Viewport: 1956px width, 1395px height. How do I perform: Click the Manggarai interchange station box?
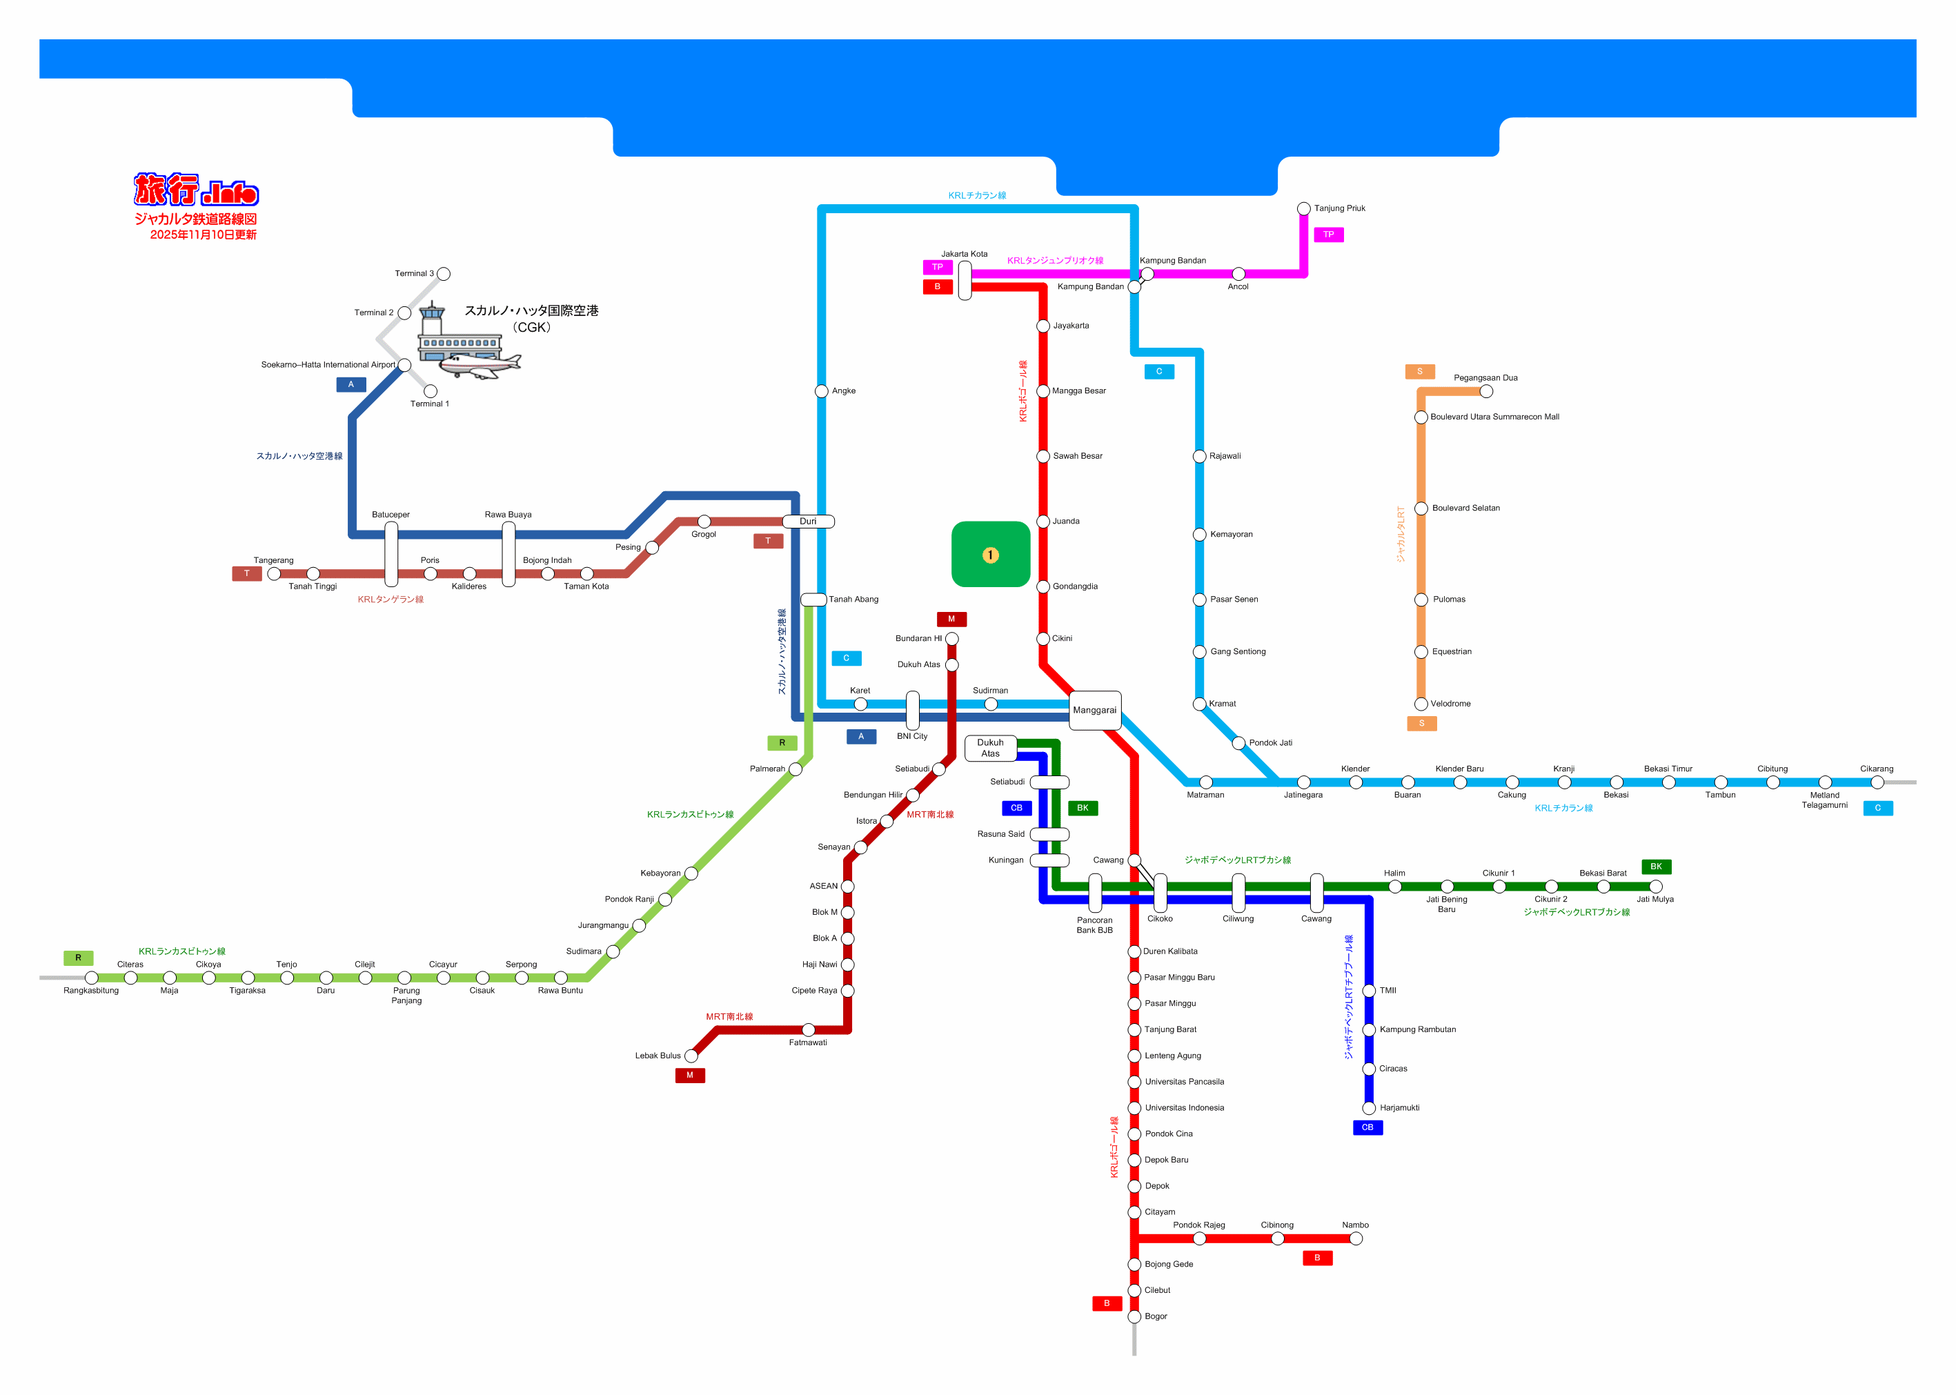click(x=1094, y=709)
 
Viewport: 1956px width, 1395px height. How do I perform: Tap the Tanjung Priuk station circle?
click(x=1303, y=209)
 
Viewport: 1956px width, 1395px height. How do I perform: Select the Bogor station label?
click(x=1156, y=1316)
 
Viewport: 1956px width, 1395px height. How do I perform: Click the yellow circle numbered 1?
click(x=989, y=555)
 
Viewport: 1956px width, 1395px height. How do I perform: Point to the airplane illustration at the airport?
click(x=480, y=365)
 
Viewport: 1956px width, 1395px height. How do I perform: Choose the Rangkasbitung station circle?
click(x=91, y=978)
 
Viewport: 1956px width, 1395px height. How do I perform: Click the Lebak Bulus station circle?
click(x=691, y=1056)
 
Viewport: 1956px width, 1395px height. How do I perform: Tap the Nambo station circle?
click(x=1356, y=1238)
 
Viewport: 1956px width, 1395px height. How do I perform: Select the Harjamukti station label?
click(x=1399, y=1107)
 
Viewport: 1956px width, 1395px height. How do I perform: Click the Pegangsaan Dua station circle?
click(x=1486, y=392)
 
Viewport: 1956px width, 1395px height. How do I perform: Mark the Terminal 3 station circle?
click(x=443, y=274)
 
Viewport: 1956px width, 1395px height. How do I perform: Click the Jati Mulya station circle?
click(x=1655, y=887)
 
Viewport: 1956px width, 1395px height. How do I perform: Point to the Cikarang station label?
click(x=1876, y=769)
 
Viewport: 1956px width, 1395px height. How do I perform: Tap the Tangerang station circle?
click(x=274, y=574)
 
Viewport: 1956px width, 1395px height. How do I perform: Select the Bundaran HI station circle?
click(x=951, y=639)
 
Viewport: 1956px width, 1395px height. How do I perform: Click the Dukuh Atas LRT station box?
click(x=991, y=748)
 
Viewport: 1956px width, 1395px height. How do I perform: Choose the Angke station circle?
click(x=821, y=392)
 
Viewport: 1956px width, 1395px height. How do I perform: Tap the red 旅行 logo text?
click(x=166, y=189)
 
